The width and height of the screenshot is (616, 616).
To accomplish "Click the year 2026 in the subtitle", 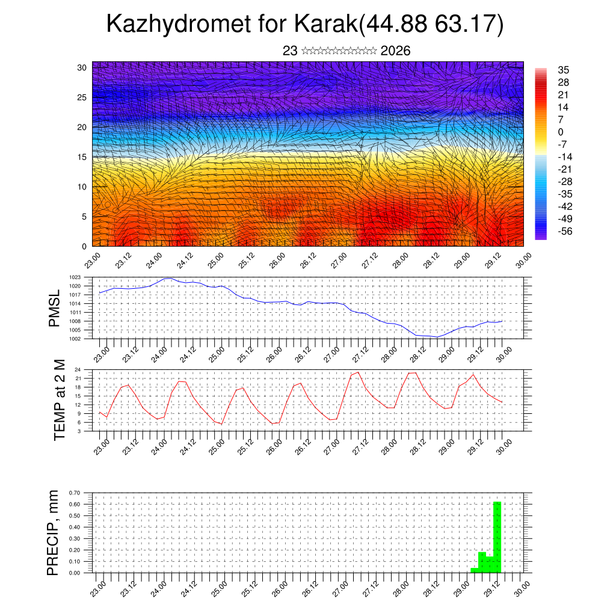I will point(395,51).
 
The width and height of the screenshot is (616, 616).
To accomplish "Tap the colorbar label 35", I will point(564,70).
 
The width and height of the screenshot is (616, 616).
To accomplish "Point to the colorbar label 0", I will point(561,132).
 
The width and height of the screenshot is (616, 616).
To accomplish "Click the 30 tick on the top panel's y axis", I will point(82,67).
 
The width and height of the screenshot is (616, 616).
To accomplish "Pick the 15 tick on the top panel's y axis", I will point(82,157).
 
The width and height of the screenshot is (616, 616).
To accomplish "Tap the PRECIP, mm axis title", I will point(54,532).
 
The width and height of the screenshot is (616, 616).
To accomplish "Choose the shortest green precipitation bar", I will point(475,570).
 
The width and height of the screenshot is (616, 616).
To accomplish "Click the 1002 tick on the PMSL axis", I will point(75,339).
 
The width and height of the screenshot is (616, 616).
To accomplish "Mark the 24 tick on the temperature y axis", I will point(78,369).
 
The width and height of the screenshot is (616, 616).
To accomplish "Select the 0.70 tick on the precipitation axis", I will point(75,493).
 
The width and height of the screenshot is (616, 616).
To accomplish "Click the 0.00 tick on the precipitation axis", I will point(75,573).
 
